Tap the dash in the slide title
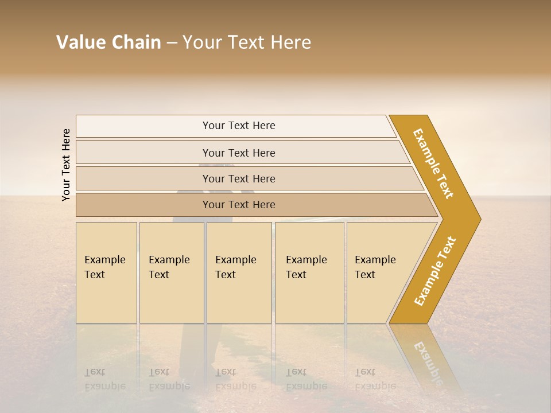pos(172,43)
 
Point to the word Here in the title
pos(290,42)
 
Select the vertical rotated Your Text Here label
pos(66,165)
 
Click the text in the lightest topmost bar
pos(239,126)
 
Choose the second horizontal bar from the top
pos(239,153)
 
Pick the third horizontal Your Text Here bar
pos(239,179)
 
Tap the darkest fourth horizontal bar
pos(239,205)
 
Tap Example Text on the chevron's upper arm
pos(433,163)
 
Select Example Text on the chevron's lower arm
pos(435,271)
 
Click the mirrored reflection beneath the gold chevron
pos(427,359)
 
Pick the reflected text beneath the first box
pos(106,379)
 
